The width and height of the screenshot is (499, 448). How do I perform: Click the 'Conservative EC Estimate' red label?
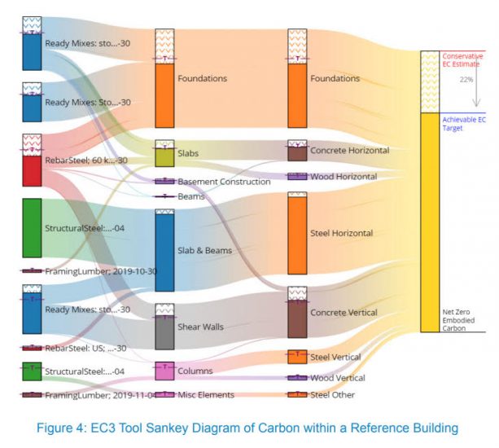[462, 60]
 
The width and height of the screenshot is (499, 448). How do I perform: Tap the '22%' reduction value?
[466, 80]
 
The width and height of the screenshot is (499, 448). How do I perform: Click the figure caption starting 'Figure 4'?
[249, 428]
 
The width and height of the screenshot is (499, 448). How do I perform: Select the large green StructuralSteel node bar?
[32, 228]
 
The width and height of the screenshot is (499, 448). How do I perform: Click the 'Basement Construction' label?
[224, 182]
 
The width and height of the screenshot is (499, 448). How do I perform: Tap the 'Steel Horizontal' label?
[341, 234]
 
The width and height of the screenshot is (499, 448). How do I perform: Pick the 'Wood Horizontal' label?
[344, 177]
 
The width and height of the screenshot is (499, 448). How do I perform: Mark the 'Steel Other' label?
[333, 395]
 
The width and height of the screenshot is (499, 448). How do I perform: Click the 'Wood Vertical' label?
[338, 378]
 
